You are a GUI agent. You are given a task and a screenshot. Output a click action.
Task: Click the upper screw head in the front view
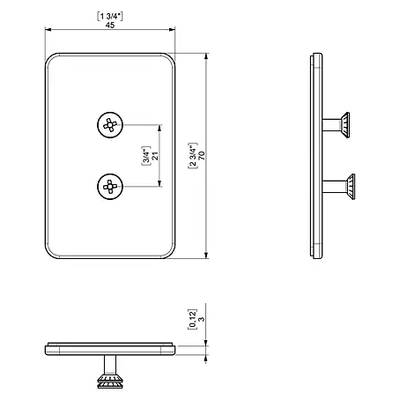tap(110, 125)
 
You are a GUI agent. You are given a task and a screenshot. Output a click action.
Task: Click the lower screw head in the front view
tap(110, 187)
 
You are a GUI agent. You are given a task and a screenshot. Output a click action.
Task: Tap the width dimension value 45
tap(110, 26)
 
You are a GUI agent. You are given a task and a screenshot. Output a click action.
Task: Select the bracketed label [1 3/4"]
tap(110, 16)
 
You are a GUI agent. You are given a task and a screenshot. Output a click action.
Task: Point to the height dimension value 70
tap(202, 156)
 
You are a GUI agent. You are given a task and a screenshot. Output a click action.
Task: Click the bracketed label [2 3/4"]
tap(192, 156)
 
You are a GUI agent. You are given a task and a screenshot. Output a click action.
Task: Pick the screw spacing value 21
tap(155, 156)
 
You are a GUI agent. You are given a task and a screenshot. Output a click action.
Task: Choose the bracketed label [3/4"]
tap(146, 156)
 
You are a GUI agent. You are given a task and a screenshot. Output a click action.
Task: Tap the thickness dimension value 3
tap(202, 319)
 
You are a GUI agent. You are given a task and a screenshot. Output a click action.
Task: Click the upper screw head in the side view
tap(345, 125)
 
